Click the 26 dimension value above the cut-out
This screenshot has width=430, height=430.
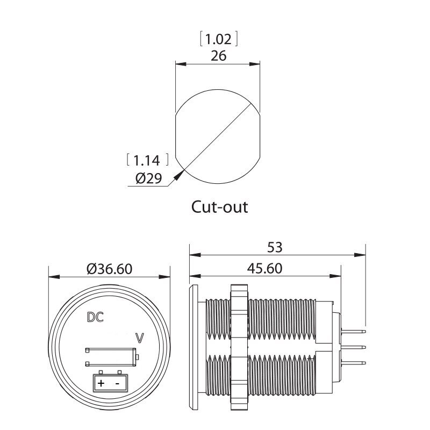coord(218,55)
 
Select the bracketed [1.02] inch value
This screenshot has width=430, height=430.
coord(218,39)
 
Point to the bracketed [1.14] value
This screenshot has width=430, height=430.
coord(147,160)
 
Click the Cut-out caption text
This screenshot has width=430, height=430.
coord(220,206)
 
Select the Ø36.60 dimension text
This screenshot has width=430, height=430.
coord(109,268)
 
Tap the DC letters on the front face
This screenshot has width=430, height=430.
coord(95,317)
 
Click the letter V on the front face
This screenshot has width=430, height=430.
coord(140,339)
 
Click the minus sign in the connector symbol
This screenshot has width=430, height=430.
coord(117,384)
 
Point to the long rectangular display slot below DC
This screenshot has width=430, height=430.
coord(110,357)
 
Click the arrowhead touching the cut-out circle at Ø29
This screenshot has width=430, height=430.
coord(180,173)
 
